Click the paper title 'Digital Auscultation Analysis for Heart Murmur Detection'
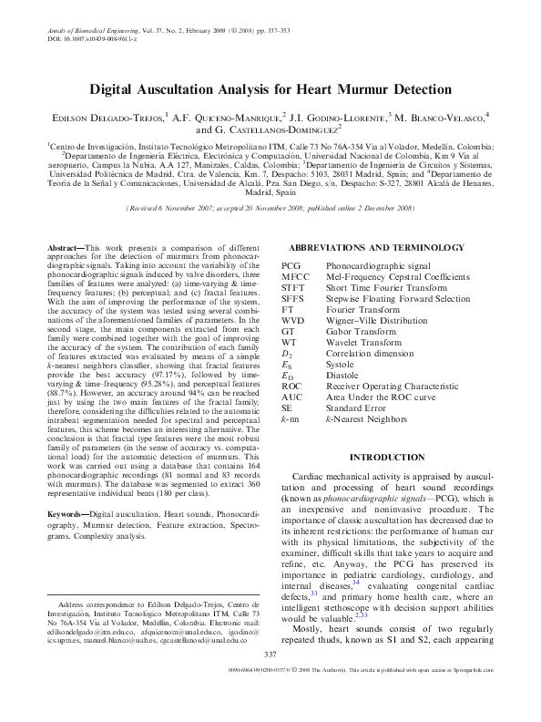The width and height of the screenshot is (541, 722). [x=270, y=89]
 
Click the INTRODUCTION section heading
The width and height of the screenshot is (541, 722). [x=394, y=456]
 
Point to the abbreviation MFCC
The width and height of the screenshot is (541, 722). [x=296, y=276]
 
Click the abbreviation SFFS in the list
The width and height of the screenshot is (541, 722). [x=294, y=298]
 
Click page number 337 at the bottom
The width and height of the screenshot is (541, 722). [x=270, y=679]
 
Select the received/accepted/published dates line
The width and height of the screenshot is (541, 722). [x=270, y=208]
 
